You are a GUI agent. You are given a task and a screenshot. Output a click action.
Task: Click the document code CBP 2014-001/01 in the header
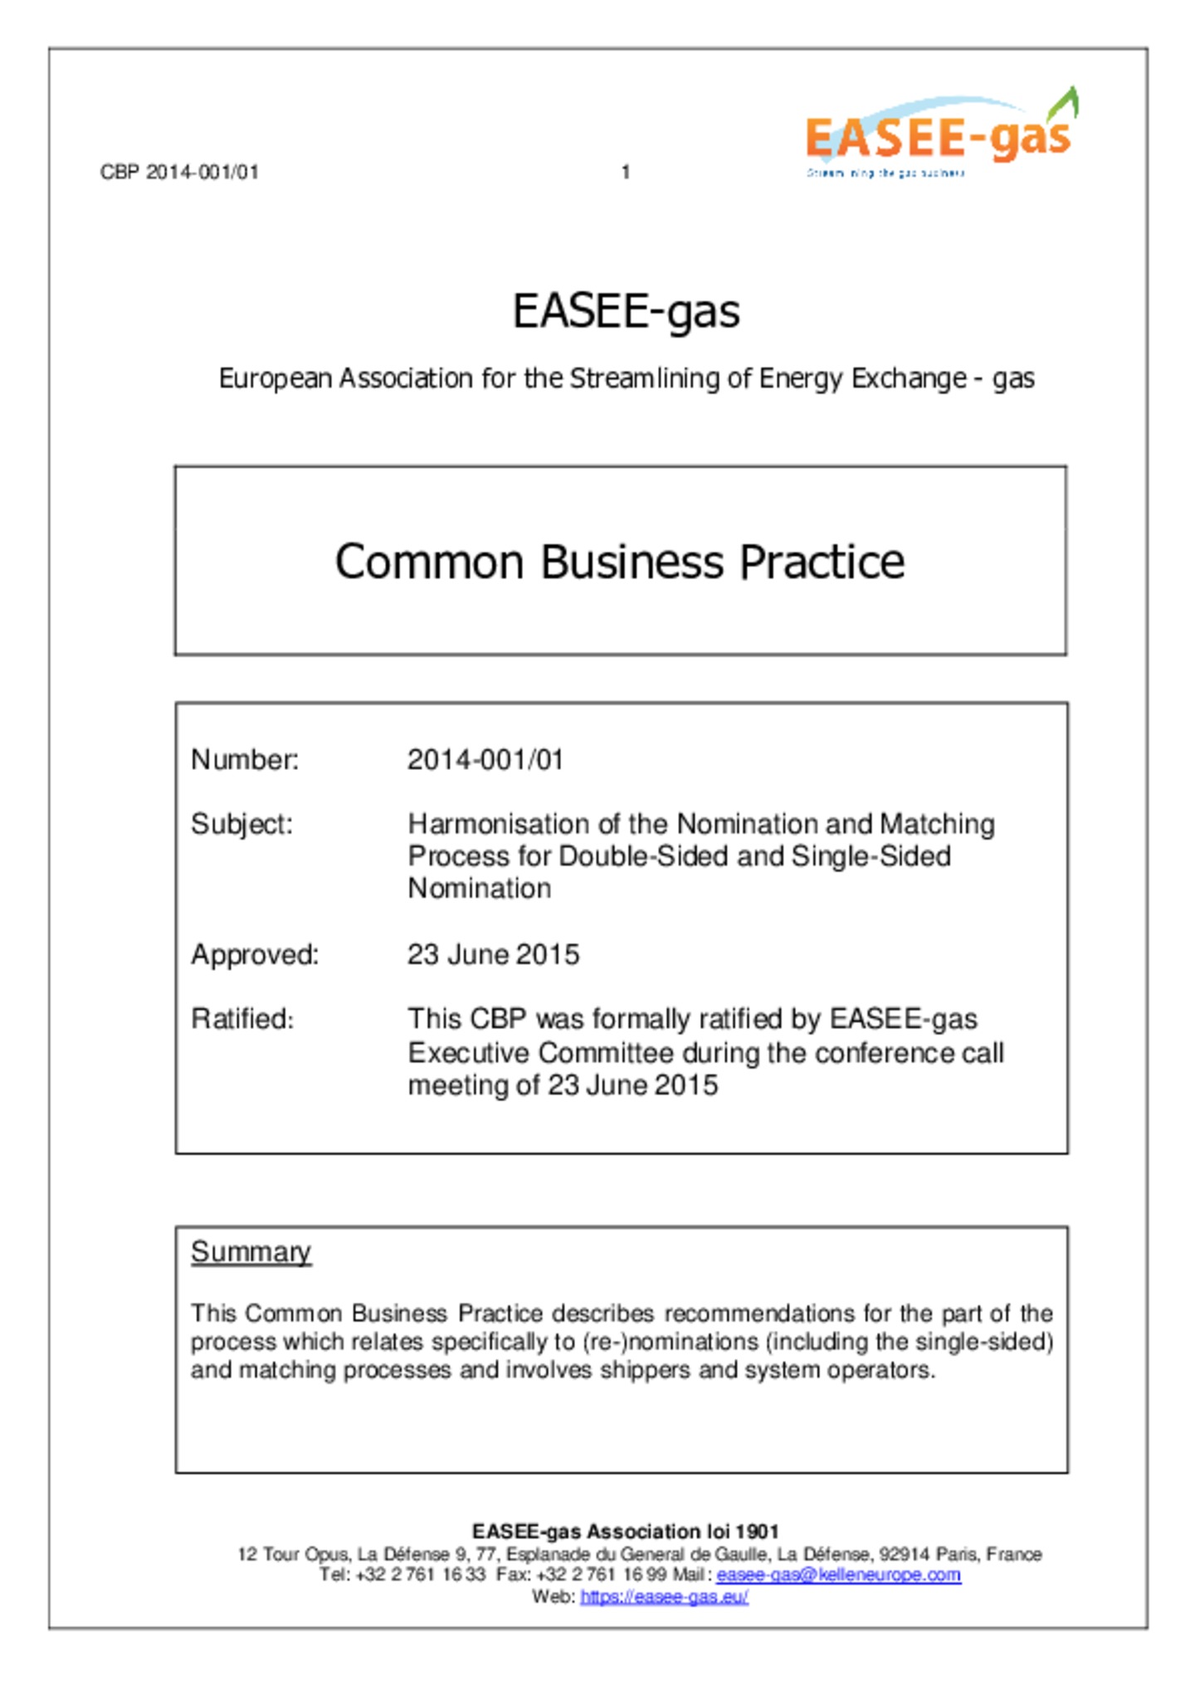tap(179, 172)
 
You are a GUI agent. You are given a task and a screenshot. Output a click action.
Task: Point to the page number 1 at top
tap(626, 172)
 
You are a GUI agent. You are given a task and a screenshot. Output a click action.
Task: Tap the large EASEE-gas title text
tap(626, 311)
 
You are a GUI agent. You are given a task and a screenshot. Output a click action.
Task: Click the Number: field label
tap(245, 759)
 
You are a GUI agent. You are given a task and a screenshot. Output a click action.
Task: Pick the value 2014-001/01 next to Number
tap(485, 759)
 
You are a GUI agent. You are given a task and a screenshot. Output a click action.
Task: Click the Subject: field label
tap(241, 824)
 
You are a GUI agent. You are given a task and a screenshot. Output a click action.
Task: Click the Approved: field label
tap(255, 954)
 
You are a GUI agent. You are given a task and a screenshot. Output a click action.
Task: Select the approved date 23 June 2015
tap(493, 954)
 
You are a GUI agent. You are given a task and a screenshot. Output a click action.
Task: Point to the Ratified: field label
tap(242, 1018)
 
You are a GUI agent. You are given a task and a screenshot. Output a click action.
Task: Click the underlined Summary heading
tap(251, 1251)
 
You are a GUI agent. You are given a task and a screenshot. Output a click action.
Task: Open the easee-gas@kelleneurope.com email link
tap(838, 1575)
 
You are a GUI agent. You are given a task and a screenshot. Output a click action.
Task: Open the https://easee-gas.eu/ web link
tap(664, 1597)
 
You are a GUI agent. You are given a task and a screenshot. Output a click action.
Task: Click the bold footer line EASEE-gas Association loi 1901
tap(626, 1532)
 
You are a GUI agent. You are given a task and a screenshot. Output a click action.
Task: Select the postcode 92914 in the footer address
tap(905, 1554)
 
